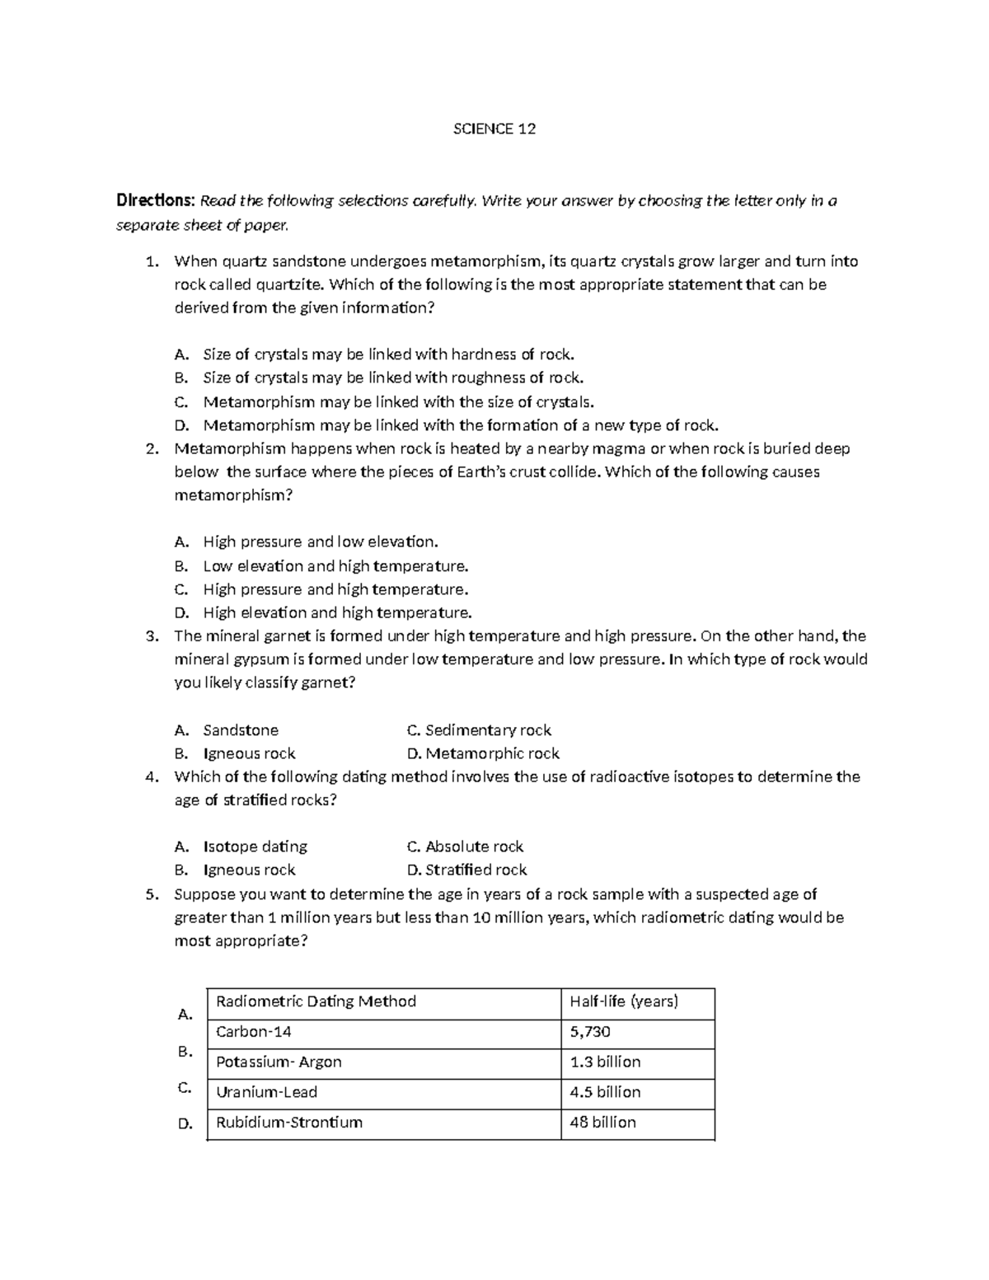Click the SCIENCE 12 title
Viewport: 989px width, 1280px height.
point(494,129)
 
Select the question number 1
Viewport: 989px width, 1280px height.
point(150,262)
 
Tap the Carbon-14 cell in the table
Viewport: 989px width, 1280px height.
point(254,1032)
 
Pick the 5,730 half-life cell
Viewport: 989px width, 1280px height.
point(590,1032)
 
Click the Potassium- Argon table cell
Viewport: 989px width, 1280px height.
point(279,1062)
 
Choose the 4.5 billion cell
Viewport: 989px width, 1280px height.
point(605,1092)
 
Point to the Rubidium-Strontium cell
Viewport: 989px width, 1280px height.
point(288,1122)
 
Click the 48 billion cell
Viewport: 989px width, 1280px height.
point(602,1122)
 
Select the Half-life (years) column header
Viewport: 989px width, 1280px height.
point(624,1001)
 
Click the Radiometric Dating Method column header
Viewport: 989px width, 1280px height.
point(316,1001)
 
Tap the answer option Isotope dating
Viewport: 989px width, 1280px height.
point(255,846)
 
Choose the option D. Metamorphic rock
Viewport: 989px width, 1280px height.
point(483,753)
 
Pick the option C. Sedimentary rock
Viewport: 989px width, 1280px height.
point(479,730)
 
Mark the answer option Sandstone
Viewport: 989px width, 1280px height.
point(241,730)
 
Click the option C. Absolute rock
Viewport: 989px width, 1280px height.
point(466,846)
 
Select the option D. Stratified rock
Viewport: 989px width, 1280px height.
point(467,870)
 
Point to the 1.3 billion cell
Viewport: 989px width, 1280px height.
point(605,1062)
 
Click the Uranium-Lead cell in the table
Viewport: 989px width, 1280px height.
point(266,1092)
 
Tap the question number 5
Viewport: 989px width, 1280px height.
point(150,894)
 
